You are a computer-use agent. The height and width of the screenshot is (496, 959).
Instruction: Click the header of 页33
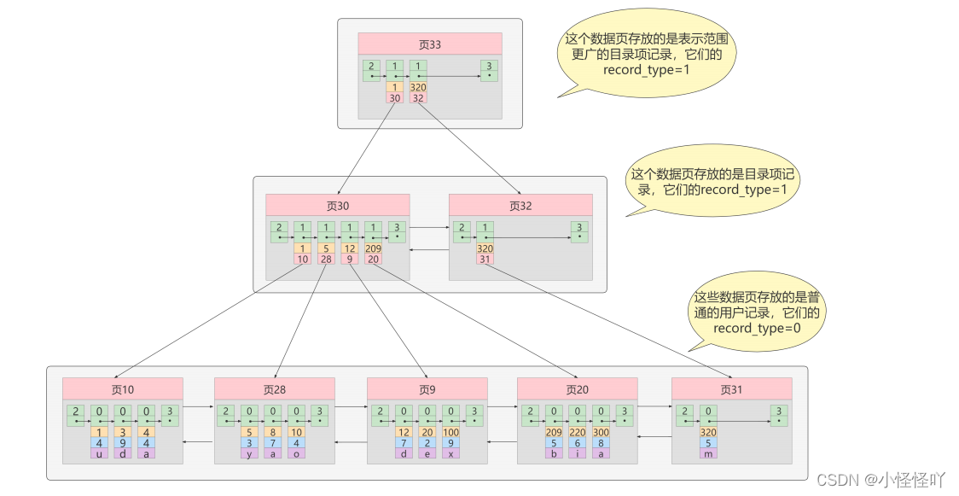[x=429, y=44]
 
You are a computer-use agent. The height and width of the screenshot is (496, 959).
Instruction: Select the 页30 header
[x=337, y=205]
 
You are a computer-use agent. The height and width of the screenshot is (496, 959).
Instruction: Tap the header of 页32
[x=520, y=205]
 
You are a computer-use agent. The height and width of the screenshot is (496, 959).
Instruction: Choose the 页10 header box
[x=122, y=389]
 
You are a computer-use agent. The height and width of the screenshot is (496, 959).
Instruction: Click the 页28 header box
[x=274, y=389]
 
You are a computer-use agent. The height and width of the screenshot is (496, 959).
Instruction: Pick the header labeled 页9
[x=427, y=389]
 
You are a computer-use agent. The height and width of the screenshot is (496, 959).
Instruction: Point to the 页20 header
[x=577, y=389]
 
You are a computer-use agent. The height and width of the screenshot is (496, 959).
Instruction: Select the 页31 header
[x=731, y=389]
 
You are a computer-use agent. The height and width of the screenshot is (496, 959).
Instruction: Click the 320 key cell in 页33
[x=418, y=87]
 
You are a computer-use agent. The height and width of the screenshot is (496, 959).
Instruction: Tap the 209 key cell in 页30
[x=373, y=248]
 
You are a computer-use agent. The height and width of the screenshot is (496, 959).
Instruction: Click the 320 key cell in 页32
[x=485, y=248]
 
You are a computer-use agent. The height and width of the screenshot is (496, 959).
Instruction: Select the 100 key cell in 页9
[x=450, y=432]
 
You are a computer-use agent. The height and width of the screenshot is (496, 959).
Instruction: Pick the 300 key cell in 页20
[x=602, y=432]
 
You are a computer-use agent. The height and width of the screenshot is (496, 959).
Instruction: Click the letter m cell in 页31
[x=707, y=453]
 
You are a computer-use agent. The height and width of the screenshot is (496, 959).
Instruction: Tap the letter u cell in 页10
[x=100, y=453]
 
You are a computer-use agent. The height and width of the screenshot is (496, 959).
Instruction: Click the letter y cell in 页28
[x=249, y=453]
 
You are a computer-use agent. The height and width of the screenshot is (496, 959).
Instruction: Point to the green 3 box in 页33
[x=487, y=70]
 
